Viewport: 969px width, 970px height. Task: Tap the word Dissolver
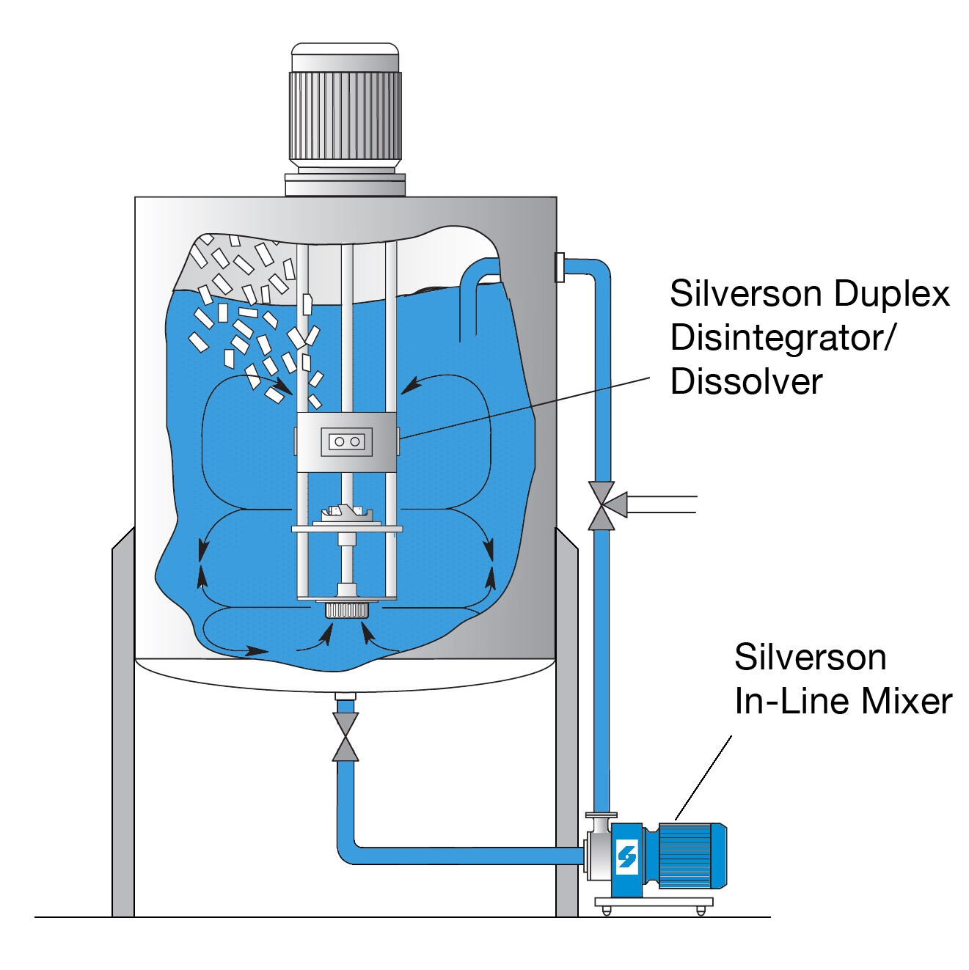click(746, 382)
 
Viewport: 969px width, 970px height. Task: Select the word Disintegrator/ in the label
click(782, 338)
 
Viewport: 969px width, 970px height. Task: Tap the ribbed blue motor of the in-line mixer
click(690, 856)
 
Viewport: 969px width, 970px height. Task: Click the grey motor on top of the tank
click(345, 110)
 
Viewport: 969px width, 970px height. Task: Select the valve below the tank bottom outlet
click(345, 737)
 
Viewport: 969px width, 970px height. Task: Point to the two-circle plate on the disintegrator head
click(346, 441)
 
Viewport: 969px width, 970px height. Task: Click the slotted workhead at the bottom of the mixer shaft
click(345, 610)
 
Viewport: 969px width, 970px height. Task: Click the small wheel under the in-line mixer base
click(606, 911)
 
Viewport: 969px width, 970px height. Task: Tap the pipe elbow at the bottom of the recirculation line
click(348, 850)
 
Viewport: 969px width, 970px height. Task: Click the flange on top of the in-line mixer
click(601, 815)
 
